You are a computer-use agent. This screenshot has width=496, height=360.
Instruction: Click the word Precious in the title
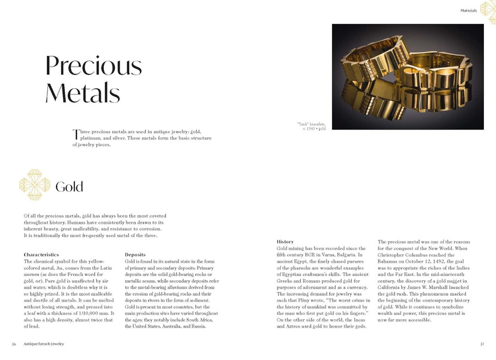click(x=94, y=66)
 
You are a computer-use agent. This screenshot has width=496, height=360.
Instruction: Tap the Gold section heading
click(x=69, y=187)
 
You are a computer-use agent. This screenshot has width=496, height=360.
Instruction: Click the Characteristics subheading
click(x=41, y=255)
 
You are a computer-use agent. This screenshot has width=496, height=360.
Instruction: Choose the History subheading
click(x=285, y=241)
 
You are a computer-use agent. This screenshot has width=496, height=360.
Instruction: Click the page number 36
click(x=14, y=344)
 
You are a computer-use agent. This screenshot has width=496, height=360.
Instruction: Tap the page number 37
click(x=482, y=344)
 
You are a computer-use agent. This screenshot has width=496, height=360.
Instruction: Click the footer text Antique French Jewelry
click(x=44, y=344)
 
